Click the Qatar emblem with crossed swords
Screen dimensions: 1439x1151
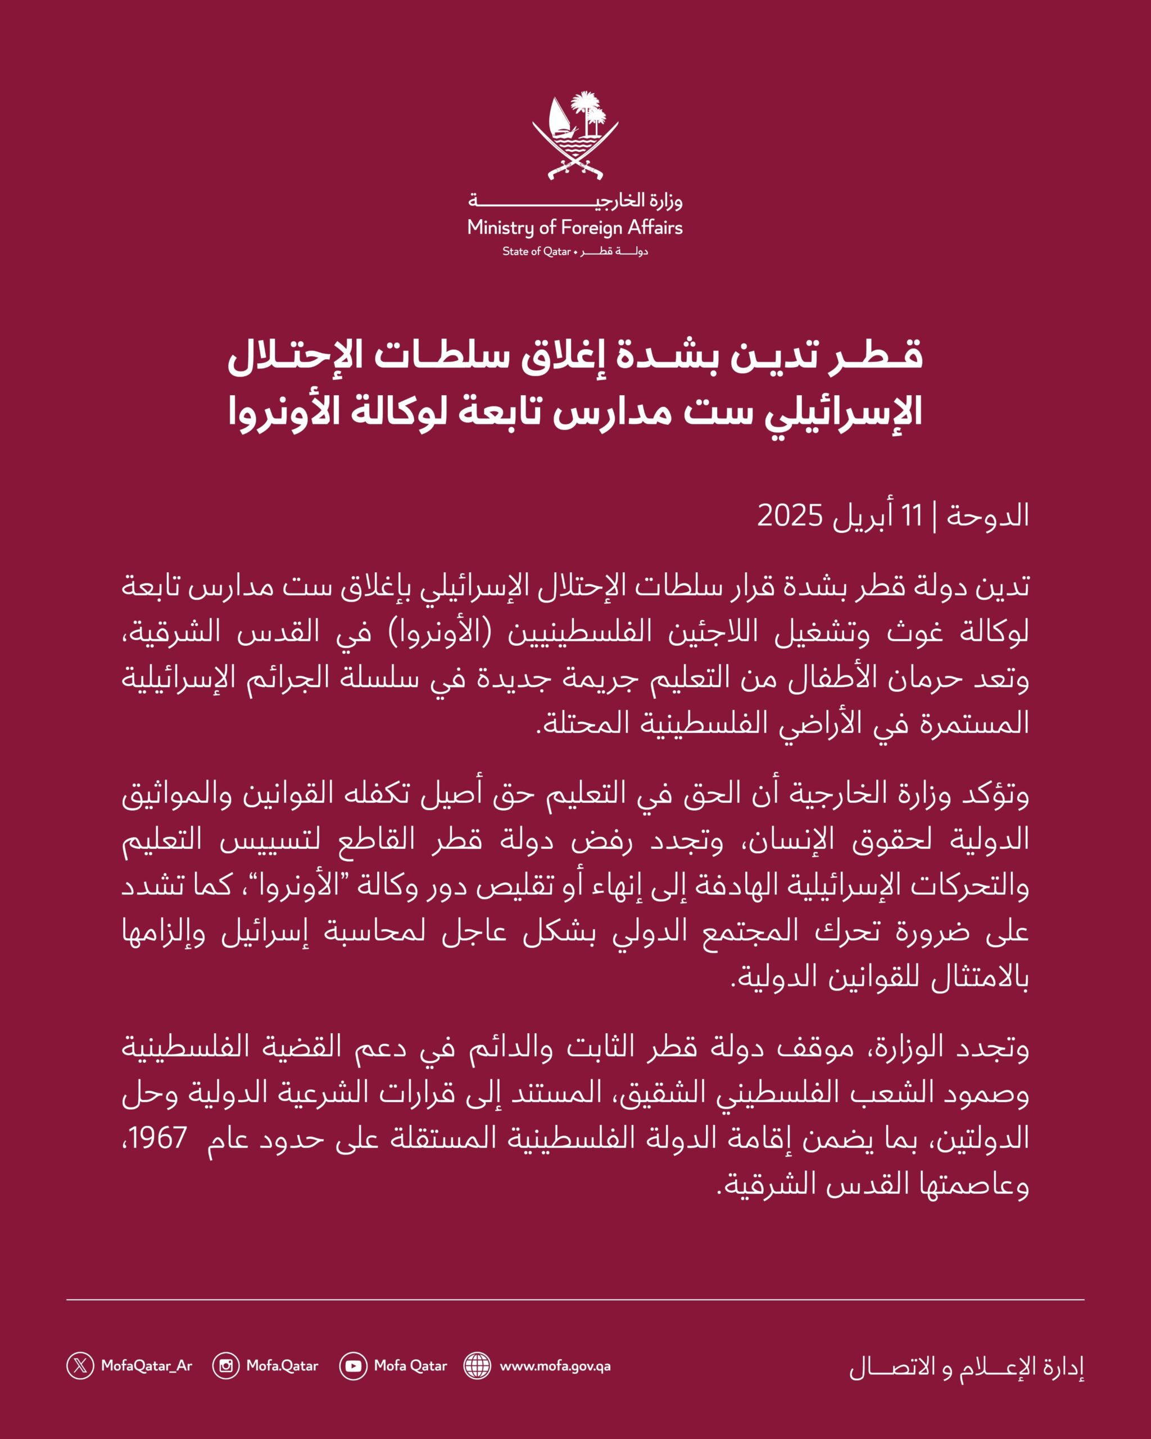[575, 138]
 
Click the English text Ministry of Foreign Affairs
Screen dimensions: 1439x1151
[575, 228]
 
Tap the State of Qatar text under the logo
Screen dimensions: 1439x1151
[537, 252]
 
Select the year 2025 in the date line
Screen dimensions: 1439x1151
[790, 516]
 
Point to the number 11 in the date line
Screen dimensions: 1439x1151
[912, 516]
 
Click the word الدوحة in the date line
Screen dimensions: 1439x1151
[987, 516]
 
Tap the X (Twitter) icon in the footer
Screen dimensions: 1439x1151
[80, 1365]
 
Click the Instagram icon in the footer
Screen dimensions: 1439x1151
[225, 1365]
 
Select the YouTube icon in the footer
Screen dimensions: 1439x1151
[353, 1365]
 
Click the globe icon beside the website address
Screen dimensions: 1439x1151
[477, 1365]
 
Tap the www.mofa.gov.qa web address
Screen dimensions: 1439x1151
[555, 1365]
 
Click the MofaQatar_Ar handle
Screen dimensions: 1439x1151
[147, 1365]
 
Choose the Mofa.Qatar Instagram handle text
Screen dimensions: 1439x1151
[282, 1365]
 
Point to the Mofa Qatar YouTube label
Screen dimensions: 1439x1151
[410, 1365]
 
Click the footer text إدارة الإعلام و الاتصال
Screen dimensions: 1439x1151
[966, 1367]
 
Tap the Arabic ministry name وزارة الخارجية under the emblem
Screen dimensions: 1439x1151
[575, 200]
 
